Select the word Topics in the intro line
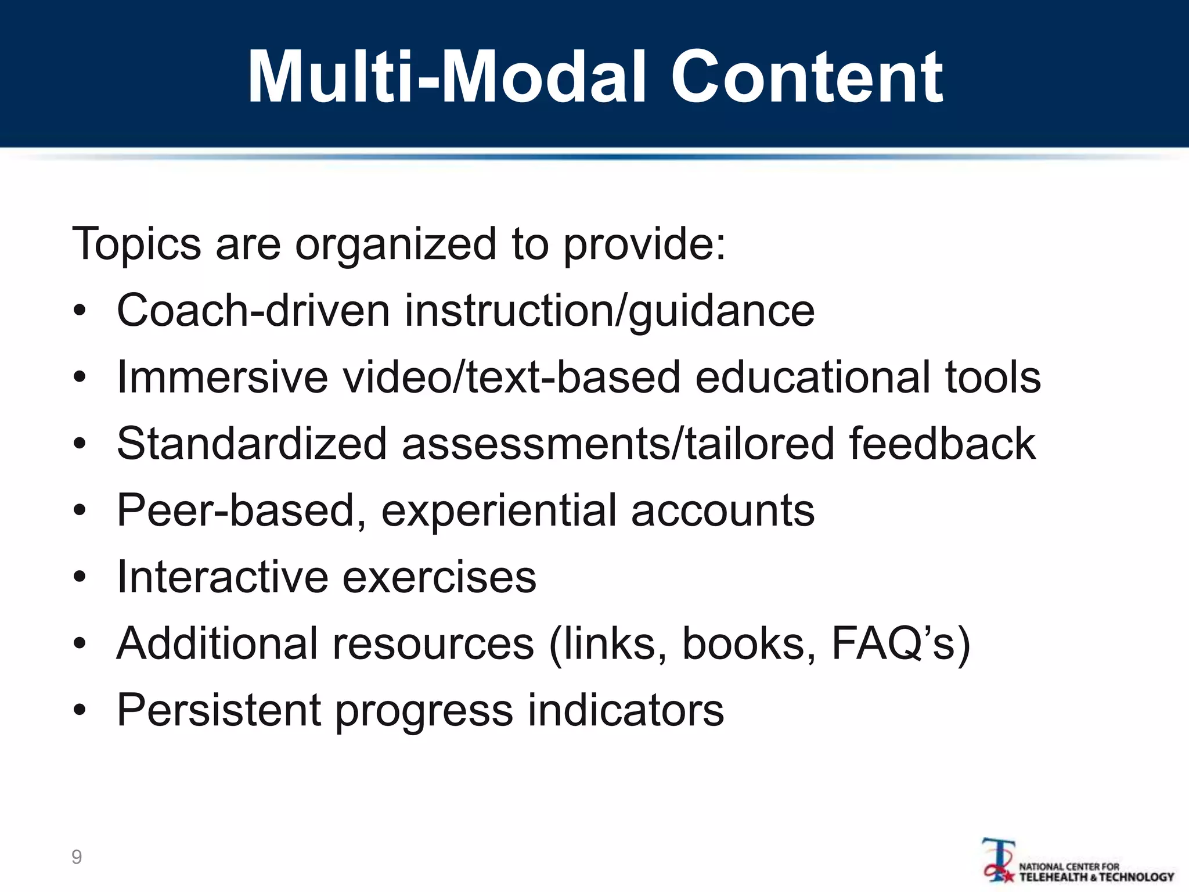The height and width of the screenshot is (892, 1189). tap(136, 244)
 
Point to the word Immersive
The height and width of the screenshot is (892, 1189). tap(222, 377)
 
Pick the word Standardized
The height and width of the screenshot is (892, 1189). tap(251, 444)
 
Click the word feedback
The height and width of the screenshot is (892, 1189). tap(942, 444)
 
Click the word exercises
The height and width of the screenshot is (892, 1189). tap(439, 577)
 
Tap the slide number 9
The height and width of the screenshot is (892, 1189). tap(77, 857)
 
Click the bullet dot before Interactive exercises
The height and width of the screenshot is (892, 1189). tap(80, 578)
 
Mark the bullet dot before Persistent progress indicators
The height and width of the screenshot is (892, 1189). tap(80, 711)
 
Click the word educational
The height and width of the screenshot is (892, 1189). tap(812, 377)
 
